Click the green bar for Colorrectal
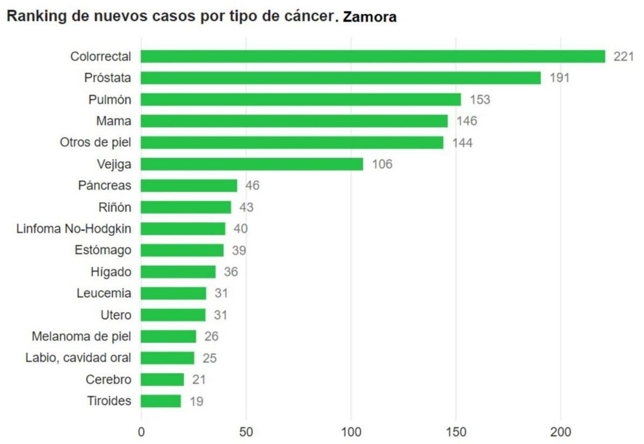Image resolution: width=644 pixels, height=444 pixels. point(373,56)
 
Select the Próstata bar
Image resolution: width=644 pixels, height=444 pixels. point(341,78)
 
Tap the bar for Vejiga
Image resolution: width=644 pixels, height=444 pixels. point(252,164)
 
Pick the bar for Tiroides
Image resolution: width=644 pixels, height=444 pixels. point(161,401)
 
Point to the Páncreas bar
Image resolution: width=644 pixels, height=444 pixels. point(189,185)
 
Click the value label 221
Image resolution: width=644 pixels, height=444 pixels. point(624,56)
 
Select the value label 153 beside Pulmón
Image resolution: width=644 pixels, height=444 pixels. point(480,99)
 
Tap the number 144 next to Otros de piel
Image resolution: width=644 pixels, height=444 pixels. point(462,143)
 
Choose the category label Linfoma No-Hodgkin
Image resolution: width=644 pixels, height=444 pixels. point(74,228)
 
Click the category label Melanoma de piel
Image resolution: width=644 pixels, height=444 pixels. point(82,336)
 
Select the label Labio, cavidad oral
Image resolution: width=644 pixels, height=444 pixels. point(78,358)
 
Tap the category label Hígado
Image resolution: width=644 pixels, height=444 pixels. point(111,272)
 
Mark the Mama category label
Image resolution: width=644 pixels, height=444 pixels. point(114,121)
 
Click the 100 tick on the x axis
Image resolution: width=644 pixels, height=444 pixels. point(350,431)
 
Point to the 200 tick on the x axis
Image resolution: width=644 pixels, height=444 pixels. point(560,431)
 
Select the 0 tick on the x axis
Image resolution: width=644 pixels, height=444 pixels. point(141,431)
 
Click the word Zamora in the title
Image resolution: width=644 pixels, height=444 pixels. point(370,17)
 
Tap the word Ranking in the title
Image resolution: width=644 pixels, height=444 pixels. point(33,17)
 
